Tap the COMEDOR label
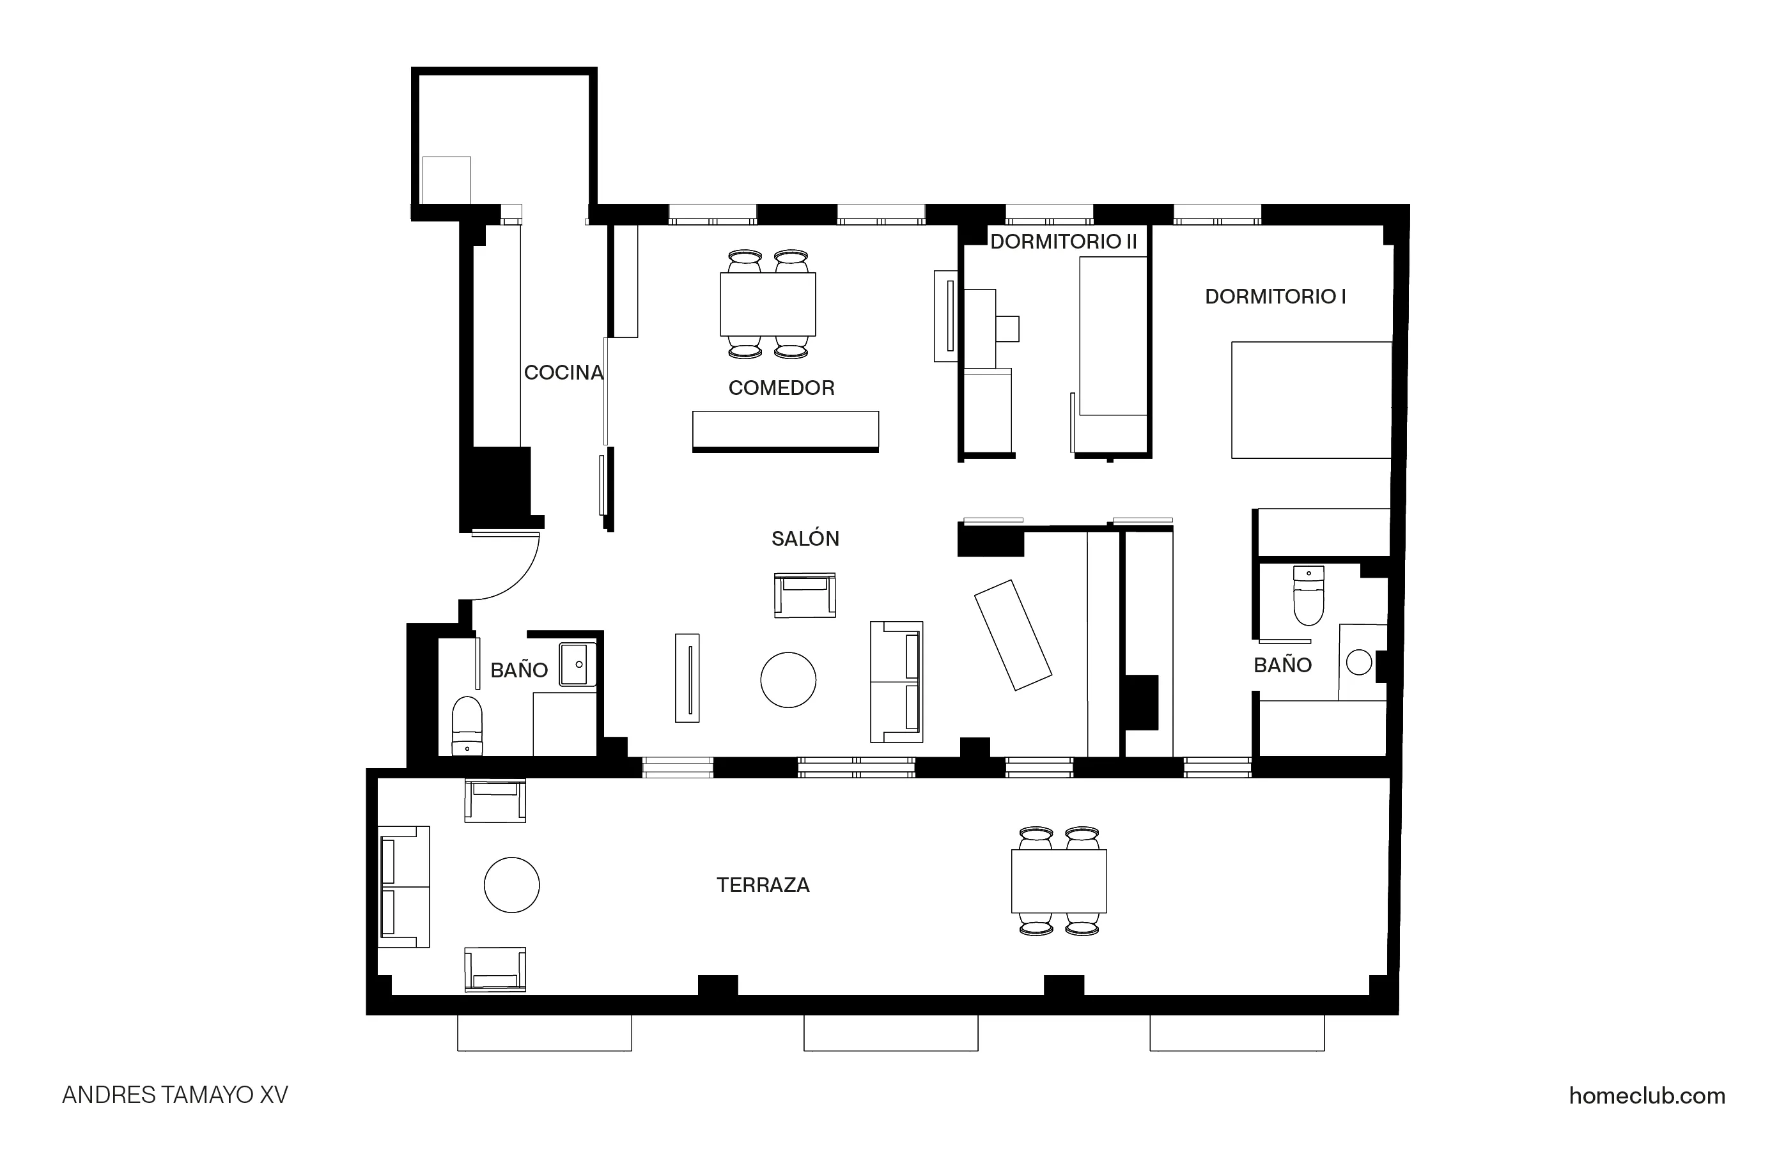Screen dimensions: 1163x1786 (781, 388)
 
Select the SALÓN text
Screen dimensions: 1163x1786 (805, 539)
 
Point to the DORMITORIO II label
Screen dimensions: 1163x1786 (1063, 242)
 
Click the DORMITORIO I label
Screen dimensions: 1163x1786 (1275, 297)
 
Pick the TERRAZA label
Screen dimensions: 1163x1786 (763, 886)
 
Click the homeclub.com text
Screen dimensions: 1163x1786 (1647, 1095)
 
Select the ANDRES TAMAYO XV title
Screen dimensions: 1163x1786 (175, 1095)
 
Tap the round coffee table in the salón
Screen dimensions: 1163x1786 (788, 680)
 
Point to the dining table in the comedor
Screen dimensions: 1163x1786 (768, 304)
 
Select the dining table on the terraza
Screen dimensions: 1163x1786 (1058, 881)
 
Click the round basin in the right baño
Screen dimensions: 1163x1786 (1359, 663)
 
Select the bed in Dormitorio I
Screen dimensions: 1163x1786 (1311, 400)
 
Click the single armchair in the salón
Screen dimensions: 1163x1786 (804, 596)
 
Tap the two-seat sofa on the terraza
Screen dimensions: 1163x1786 (404, 886)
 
